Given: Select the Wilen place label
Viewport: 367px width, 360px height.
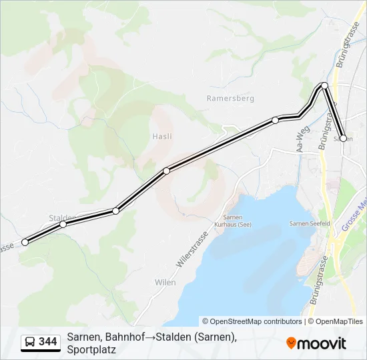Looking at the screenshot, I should click(165, 282).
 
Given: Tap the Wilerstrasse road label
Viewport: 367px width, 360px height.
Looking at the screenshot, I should click(192, 249).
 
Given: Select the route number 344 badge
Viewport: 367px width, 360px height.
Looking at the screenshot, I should click(48, 342).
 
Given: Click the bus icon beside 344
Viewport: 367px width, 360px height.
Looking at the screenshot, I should click(30, 342).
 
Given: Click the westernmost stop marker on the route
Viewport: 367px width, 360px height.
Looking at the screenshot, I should click(25, 242).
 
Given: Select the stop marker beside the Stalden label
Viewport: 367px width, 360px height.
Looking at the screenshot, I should click(63, 224).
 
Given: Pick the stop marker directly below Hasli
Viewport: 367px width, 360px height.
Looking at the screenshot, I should click(166, 171).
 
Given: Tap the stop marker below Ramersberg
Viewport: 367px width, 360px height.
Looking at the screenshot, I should click(275, 120).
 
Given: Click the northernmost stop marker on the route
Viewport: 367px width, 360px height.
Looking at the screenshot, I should click(324, 85).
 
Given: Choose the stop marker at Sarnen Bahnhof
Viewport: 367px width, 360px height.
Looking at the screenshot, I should click(344, 139).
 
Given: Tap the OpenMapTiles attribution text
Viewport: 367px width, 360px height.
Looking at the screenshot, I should click(339, 321).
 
